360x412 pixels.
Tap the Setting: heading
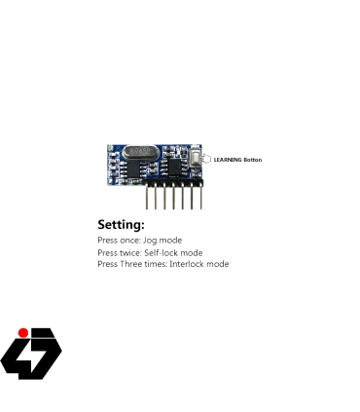(121, 225)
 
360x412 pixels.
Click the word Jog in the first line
(148, 240)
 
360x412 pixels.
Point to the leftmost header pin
(148, 197)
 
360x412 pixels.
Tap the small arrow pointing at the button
(205, 159)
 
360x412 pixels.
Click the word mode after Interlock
(217, 264)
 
